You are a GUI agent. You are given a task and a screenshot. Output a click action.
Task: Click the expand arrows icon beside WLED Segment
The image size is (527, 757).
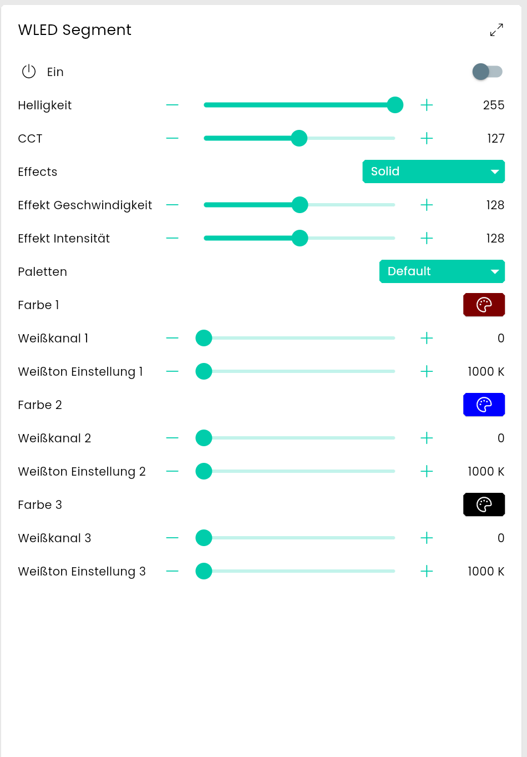click(496, 30)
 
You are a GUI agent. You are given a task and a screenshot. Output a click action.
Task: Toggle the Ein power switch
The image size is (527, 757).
click(487, 72)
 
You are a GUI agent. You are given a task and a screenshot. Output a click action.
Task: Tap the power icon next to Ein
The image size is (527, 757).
click(29, 72)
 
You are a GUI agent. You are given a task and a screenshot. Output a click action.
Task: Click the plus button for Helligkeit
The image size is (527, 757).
click(427, 105)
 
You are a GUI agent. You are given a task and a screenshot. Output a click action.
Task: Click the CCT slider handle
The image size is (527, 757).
click(299, 138)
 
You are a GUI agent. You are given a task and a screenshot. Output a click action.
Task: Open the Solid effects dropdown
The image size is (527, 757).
click(433, 171)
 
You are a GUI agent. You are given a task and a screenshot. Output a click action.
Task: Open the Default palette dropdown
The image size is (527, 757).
click(442, 271)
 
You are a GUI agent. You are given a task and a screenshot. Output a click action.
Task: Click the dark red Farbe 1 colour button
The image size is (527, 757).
click(484, 305)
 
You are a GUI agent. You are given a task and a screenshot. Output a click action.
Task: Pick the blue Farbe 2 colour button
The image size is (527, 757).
click(484, 405)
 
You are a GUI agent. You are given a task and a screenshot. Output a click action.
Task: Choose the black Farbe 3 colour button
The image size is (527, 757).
click(484, 504)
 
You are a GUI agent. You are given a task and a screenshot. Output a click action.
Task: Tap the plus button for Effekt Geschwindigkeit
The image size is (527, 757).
click(427, 205)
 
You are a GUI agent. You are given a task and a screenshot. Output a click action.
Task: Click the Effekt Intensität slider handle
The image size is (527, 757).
click(300, 238)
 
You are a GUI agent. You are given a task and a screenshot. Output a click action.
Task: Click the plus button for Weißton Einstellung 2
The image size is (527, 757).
click(427, 471)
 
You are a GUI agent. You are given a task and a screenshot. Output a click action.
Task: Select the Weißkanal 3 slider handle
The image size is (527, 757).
click(204, 538)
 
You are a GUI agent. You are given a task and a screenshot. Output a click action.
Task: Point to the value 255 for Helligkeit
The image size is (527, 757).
click(493, 105)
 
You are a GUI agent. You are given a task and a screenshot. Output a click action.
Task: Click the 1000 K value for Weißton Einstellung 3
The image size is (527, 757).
click(485, 572)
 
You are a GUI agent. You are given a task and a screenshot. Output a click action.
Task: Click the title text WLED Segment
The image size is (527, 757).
click(75, 30)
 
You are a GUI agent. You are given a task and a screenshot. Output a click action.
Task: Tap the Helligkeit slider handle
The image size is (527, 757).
click(395, 105)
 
